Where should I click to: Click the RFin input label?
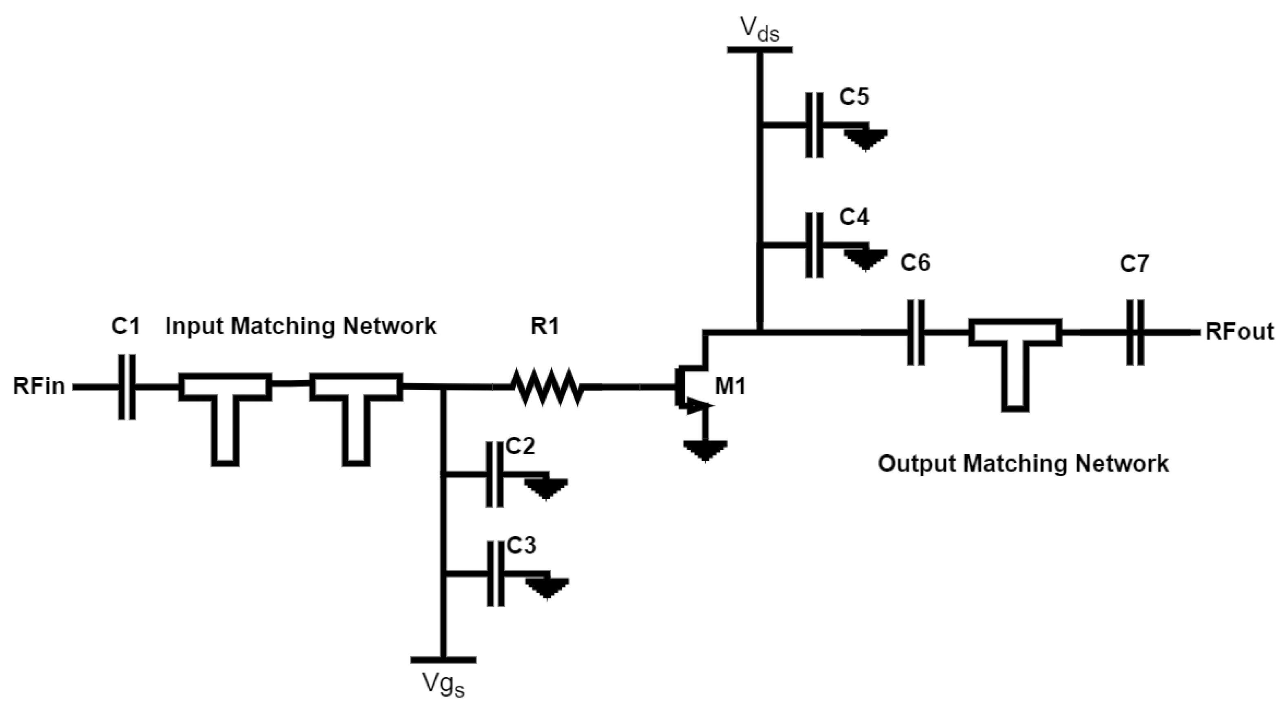[39, 387]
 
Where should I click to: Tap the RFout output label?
[1239, 332]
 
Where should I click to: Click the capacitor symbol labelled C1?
[127, 387]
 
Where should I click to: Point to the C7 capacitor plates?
[1135, 332]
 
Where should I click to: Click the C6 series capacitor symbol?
[915, 332]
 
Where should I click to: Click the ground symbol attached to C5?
[866, 139]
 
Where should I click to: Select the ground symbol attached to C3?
[547, 588]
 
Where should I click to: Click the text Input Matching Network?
[301, 326]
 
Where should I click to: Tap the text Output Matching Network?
[1023, 464]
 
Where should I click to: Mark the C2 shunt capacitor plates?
[494, 475]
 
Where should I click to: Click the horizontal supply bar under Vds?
[760, 49]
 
